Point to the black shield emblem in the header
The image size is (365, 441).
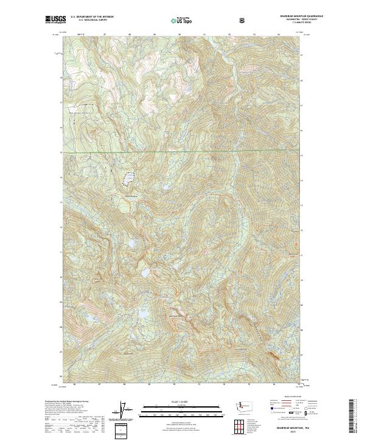[243, 20]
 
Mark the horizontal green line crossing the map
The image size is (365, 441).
[182, 150]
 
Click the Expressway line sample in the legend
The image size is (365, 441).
[272, 400]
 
